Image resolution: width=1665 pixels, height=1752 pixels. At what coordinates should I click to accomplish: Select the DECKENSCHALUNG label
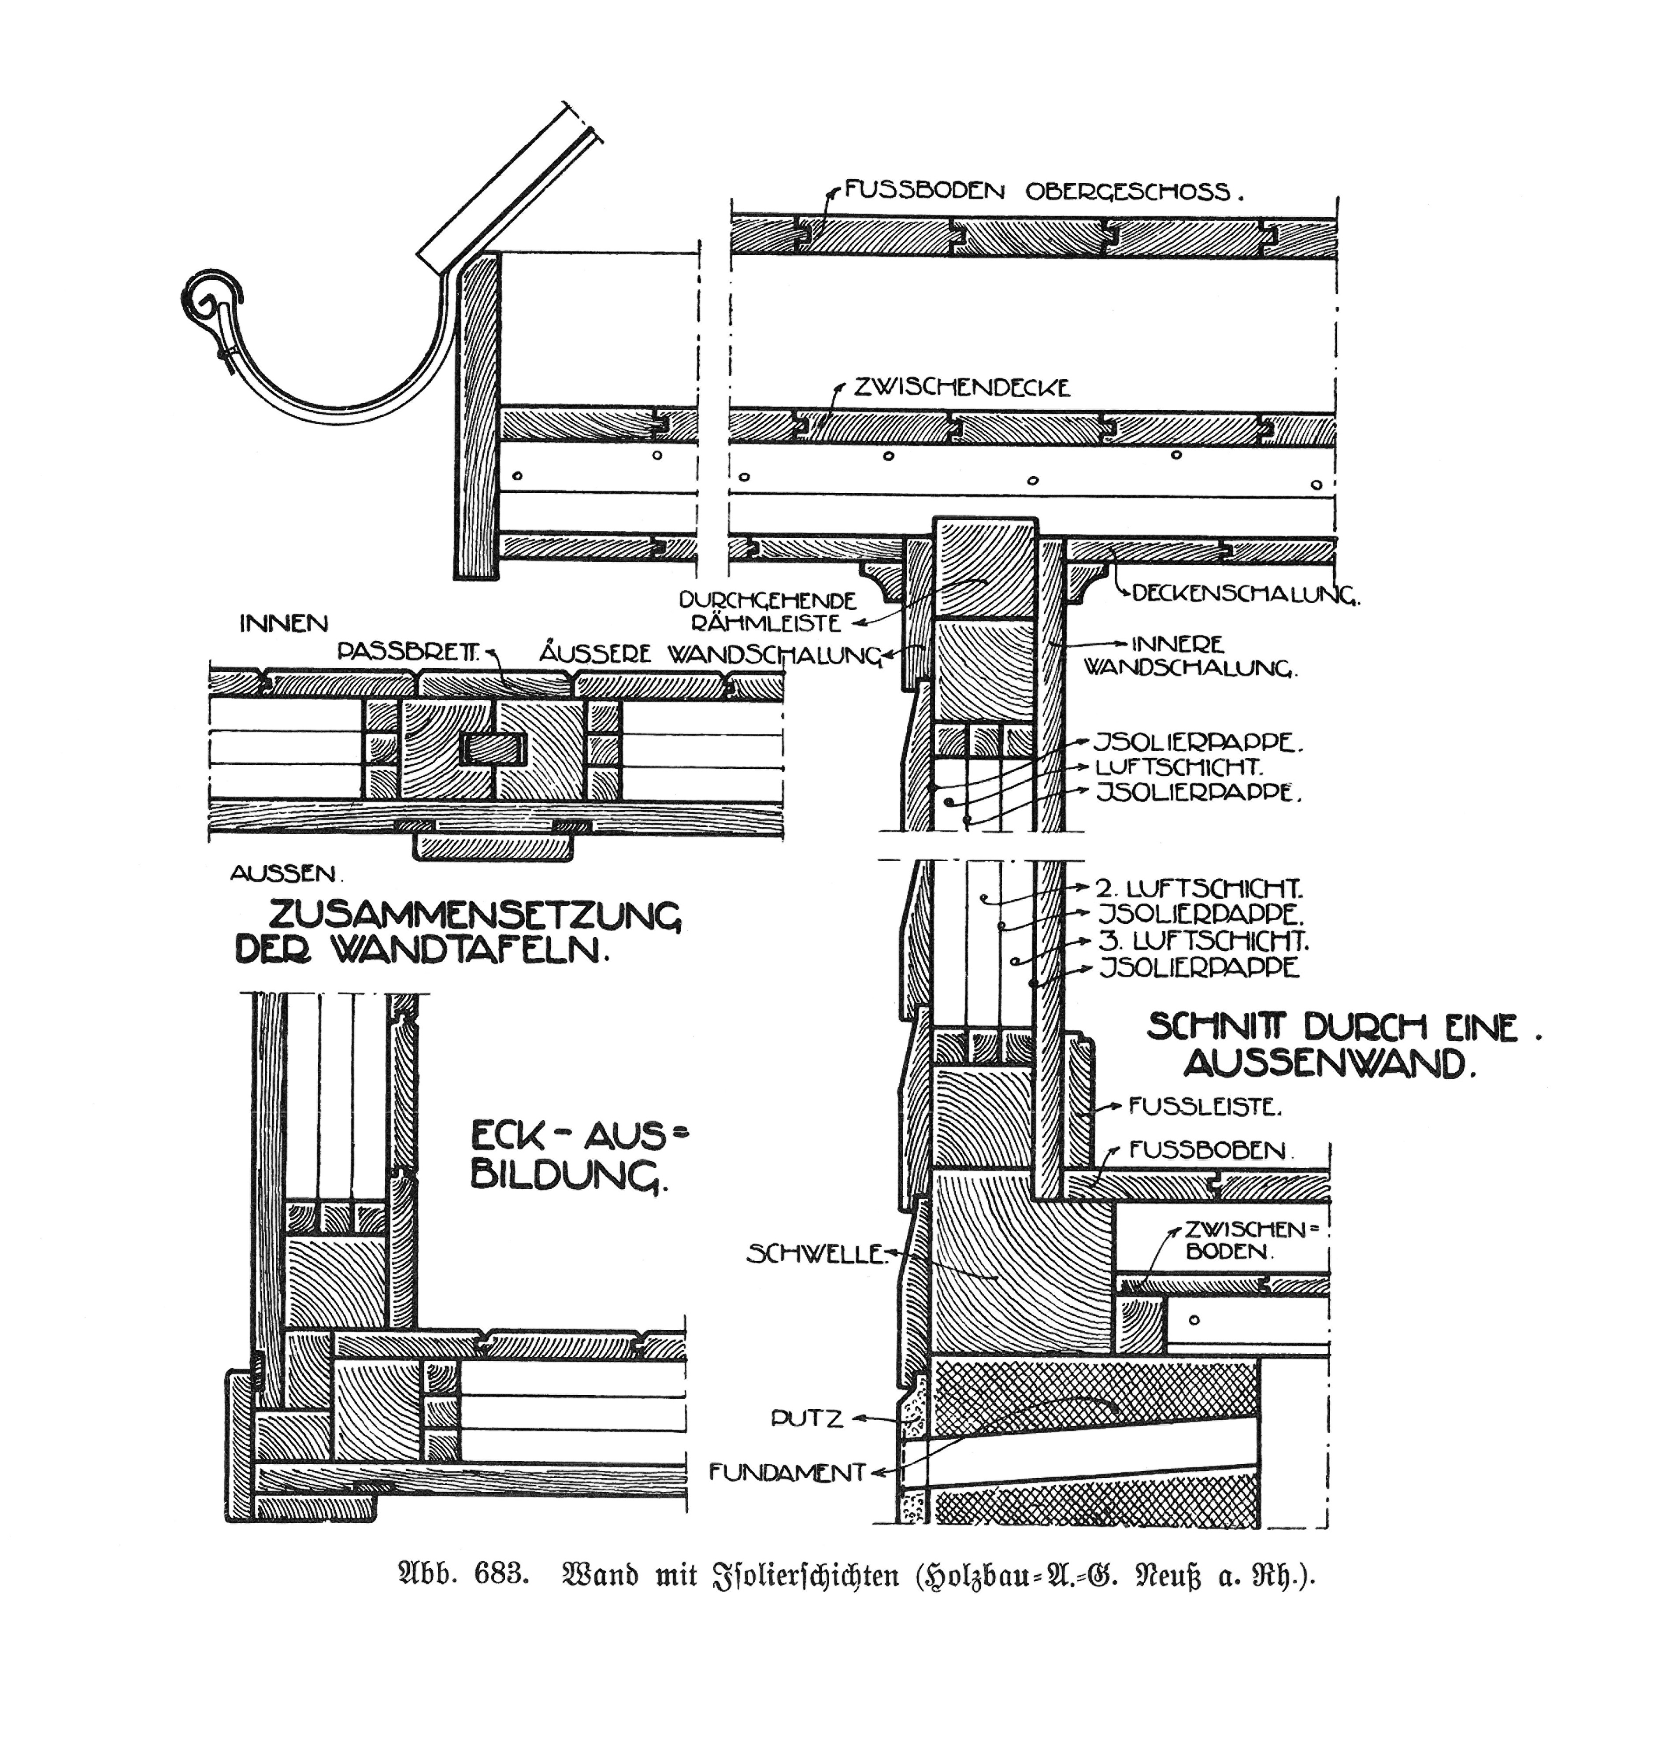click(1245, 594)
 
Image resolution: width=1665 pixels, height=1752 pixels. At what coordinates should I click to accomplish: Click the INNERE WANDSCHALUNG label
click(1189, 656)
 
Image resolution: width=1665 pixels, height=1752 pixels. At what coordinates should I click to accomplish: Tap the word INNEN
click(283, 624)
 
